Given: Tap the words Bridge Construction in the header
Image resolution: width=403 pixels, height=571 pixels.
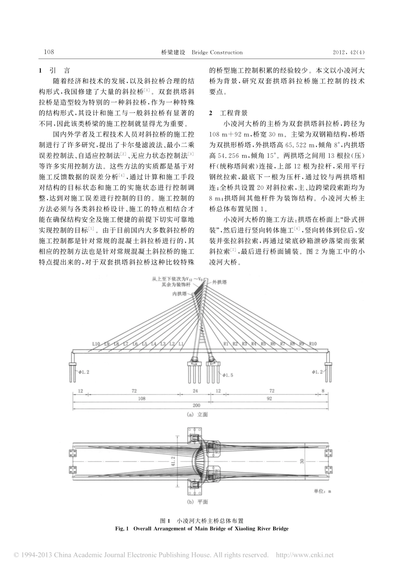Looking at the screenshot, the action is click(217, 52).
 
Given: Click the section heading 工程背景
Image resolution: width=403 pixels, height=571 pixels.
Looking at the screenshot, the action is click(233, 113).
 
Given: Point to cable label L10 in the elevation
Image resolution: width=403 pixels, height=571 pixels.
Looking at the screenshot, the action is click(96, 343).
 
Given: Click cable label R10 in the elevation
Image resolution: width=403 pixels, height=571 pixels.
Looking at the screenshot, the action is click(313, 343).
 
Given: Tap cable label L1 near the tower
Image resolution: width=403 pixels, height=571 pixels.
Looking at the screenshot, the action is click(181, 343).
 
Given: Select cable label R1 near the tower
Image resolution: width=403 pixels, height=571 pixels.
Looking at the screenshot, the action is click(226, 343).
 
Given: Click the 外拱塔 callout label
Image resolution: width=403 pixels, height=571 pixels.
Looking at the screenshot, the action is click(219, 281).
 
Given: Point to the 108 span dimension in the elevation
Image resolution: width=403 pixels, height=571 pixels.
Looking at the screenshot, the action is click(142, 399).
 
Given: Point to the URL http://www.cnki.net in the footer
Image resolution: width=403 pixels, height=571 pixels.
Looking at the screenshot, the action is click(305, 555).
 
